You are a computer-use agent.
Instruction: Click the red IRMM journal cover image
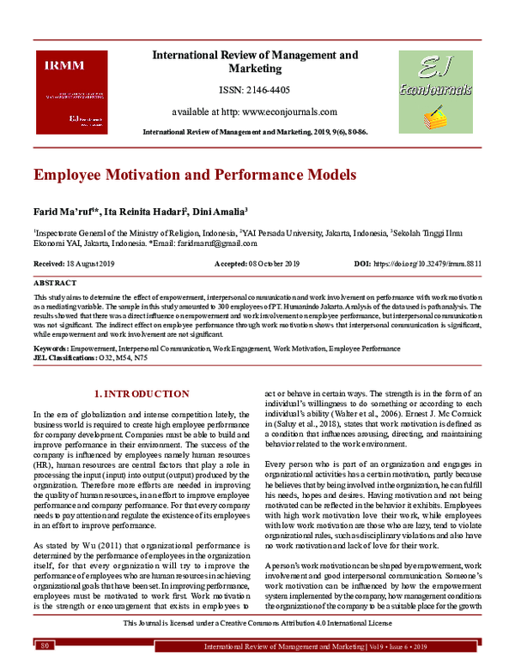pos(76,90)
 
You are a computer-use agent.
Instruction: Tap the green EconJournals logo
pos(434,90)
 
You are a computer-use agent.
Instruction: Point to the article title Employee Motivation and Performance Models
pos(182,175)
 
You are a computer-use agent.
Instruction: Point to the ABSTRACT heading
pos(55,281)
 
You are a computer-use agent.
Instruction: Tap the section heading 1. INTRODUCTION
pos(141,393)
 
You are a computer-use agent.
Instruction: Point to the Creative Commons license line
pos(257,623)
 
